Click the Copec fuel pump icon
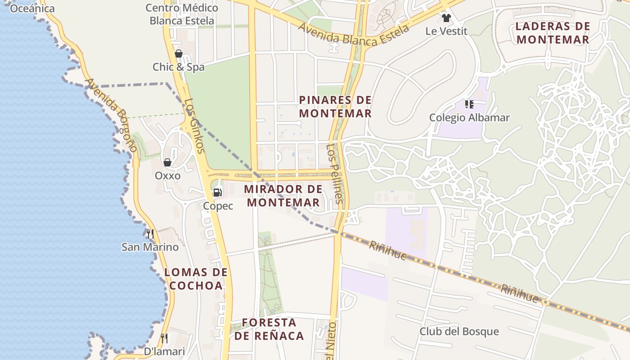[218, 193]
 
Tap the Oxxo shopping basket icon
[167, 162]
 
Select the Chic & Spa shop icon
[179, 54]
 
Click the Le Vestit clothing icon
[446, 18]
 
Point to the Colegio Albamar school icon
[469, 105]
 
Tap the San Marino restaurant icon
[150, 234]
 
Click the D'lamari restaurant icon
[164, 338]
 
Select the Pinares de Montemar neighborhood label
[336, 107]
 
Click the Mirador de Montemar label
[283, 196]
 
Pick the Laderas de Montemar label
[553, 33]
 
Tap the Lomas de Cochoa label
[196, 279]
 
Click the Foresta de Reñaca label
[269, 329]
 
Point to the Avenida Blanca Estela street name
[354, 35]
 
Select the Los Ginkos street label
[195, 126]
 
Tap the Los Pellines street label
[336, 174]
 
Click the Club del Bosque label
[459, 332]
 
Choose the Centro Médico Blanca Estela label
[182, 14]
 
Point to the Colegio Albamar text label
[469, 118]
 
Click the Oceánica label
[32, 8]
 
